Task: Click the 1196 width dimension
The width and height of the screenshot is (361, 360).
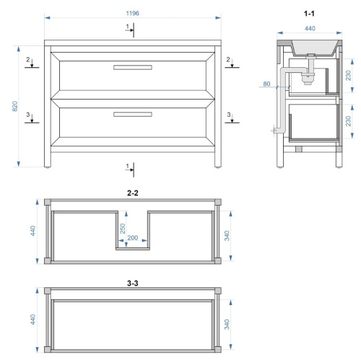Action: click(x=132, y=13)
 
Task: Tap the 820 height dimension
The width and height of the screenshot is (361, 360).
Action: click(x=15, y=106)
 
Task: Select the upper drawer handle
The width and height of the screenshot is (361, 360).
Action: click(x=133, y=67)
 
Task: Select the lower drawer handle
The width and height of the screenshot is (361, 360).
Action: click(x=133, y=114)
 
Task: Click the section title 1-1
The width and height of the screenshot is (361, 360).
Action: click(x=309, y=14)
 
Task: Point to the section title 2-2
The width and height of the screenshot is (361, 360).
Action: click(x=133, y=193)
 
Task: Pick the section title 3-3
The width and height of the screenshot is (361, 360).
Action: click(x=133, y=284)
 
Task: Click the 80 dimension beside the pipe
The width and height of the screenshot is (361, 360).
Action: click(x=266, y=84)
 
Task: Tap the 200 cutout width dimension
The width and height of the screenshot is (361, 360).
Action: click(x=133, y=238)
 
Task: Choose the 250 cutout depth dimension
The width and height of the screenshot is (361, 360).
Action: click(x=123, y=229)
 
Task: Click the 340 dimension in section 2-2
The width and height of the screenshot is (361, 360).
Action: click(x=227, y=236)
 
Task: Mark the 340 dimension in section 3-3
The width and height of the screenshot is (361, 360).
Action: click(x=227, y=325)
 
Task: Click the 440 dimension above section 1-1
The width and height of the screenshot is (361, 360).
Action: click(x=310, y=29)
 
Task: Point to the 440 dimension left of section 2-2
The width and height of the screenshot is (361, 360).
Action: click(x=33, y=231)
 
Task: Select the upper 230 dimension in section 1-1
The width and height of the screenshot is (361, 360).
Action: click(x=348, y=75)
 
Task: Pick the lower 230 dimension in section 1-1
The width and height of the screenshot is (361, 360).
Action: click(x=348, y=121)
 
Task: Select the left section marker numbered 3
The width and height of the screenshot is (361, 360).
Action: click(x=32, y=118)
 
